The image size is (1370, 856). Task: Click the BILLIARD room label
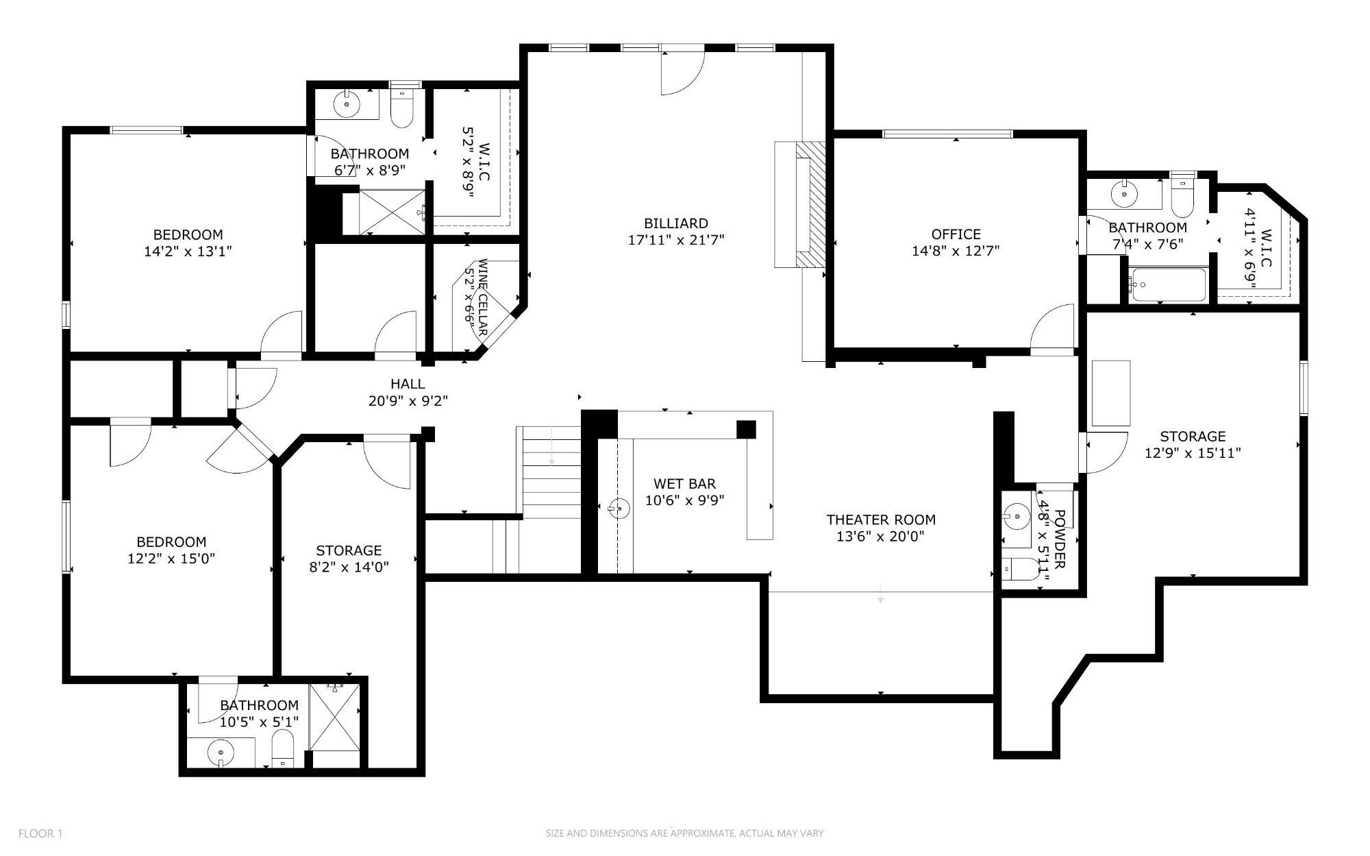click(675, 223)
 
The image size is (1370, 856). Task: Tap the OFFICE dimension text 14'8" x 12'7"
click(955, 251)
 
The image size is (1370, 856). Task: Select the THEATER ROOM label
click(880, 519)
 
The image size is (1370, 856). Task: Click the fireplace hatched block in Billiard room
click(811, 204)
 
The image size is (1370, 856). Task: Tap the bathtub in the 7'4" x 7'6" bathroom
click(1168, 284)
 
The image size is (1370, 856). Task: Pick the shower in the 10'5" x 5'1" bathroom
click(334, 716)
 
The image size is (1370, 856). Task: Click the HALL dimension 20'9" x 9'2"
click(408, 401)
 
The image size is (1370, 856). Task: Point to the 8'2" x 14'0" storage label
click(349, 550)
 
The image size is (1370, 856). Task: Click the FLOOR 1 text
click(40, 833)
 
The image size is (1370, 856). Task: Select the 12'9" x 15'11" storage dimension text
click(1193, 453)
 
